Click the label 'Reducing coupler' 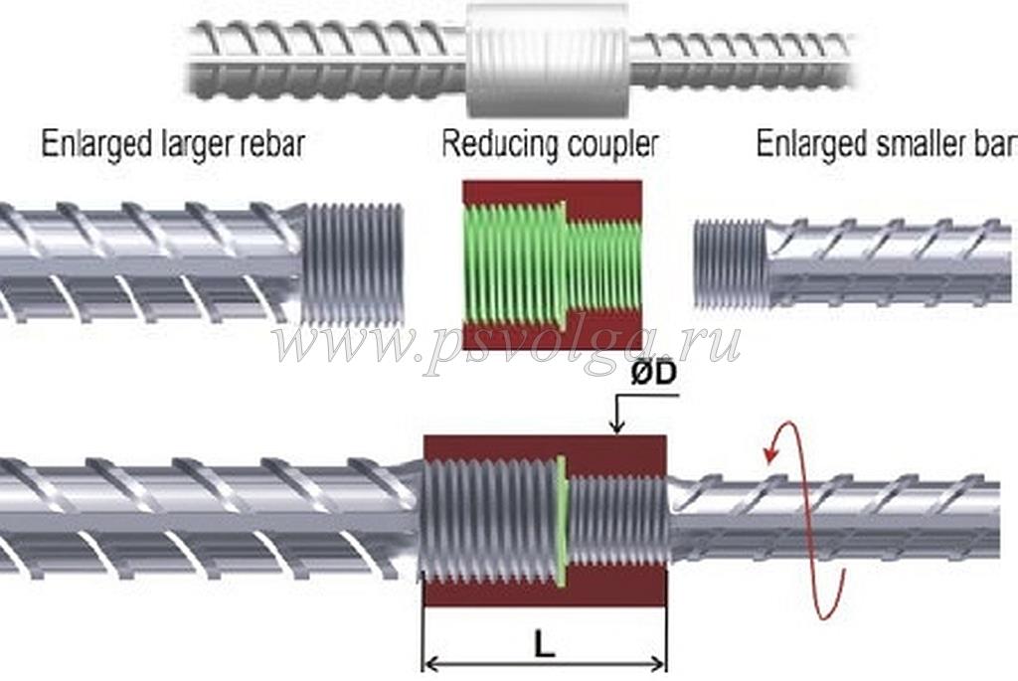549,145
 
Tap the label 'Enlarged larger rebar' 172,145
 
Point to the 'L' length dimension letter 543,643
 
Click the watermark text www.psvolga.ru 507,343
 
